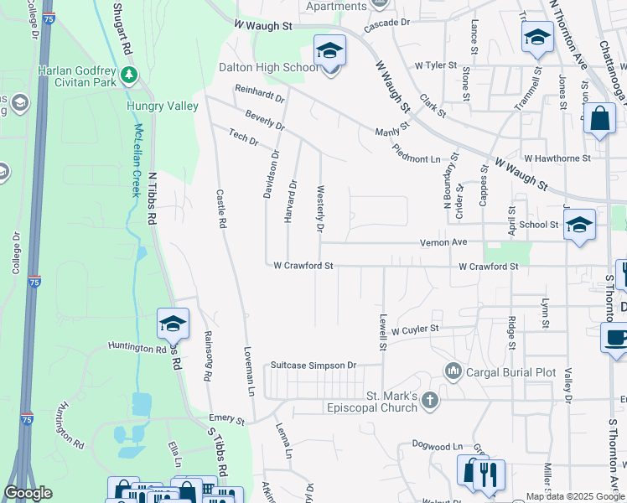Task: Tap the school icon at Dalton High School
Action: [329, 52]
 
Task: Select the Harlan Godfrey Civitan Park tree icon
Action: [129, 75]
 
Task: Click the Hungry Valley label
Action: [162, 106]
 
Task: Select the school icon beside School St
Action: [579, 225]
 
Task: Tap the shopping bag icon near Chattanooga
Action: [599, 119]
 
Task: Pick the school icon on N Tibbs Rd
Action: [173, 324]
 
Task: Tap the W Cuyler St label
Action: [414, 330]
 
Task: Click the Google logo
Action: [28, 494]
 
